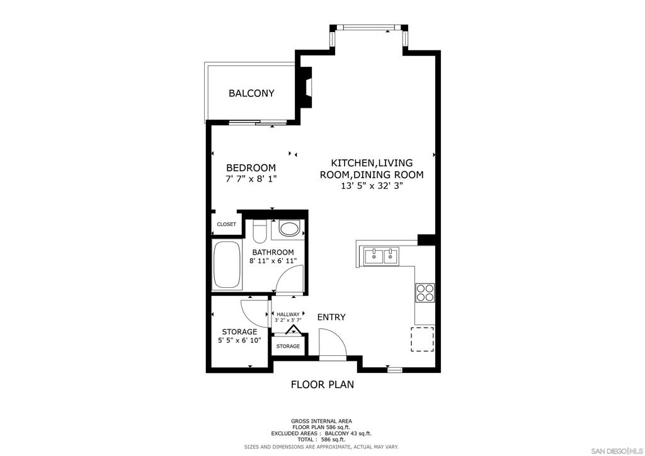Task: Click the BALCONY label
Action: tap(251, 93)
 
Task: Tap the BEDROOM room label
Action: tap(251, 168)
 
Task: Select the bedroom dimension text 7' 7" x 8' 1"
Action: tap(251, 179)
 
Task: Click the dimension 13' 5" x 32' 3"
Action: tap(372, 185)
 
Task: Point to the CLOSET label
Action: tap(227, 224)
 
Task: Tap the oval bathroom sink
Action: tap(289, 229)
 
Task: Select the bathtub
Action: tap(227, 265)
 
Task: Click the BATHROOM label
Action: tap(273, 252)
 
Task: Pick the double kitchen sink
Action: tap(381, 256)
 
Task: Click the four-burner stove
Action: tap(425, 293)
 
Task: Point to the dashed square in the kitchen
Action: tap(423, 339)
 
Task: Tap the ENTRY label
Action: tap(331, 317)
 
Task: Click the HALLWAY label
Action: tap(288, 314)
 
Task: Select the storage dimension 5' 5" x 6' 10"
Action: tap(239, 341)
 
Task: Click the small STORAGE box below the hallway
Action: tap(288, 346)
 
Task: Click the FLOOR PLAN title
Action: tap(322, 384)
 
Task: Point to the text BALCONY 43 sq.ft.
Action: tap(348, 433)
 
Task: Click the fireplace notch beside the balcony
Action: tap(307, 88)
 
